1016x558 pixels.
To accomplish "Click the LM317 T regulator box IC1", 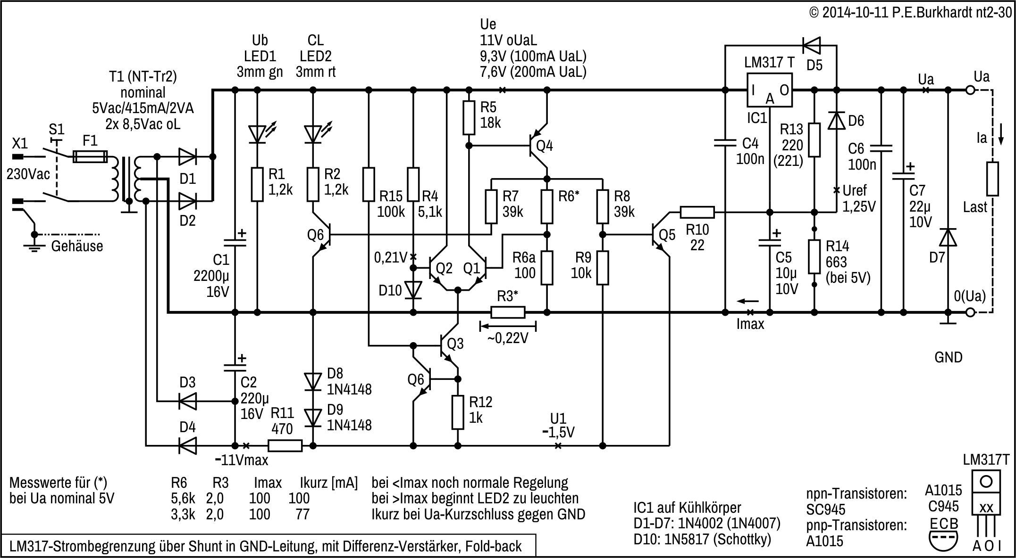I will tap(769, 90).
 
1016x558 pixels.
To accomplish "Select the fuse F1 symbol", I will tap(90, 157).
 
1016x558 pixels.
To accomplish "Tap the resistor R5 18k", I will tap(469, 117).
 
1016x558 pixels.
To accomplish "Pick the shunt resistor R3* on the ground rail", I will tap(508, 312).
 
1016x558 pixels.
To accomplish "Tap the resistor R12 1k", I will tap(457, 412).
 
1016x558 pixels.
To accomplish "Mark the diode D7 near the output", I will tap(948, 238).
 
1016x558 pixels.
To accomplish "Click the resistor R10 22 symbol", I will tap(697, 213).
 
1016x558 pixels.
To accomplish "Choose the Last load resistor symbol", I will tap(993, 179).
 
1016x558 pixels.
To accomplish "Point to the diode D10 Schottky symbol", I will tap(414, 290).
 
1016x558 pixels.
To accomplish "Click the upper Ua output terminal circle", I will tap(970, 90).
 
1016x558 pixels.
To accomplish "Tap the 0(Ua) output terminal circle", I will tap(970, 312).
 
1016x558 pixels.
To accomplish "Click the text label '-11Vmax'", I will tap(242, 460).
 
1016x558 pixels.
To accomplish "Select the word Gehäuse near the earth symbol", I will tap(77, 246).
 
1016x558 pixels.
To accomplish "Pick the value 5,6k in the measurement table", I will tap(183, 498).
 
